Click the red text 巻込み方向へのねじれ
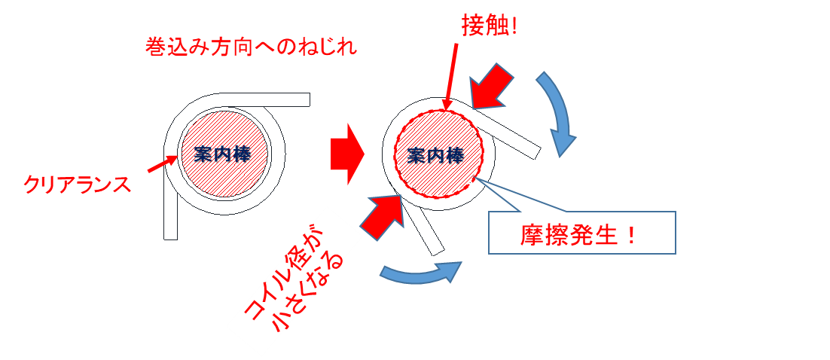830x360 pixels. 251,47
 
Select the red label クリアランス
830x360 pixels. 77,185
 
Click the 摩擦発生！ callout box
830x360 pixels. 581,233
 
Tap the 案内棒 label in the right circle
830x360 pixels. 436,155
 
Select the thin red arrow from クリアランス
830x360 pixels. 161,163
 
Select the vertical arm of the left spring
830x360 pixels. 170,201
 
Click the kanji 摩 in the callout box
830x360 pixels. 532,234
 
